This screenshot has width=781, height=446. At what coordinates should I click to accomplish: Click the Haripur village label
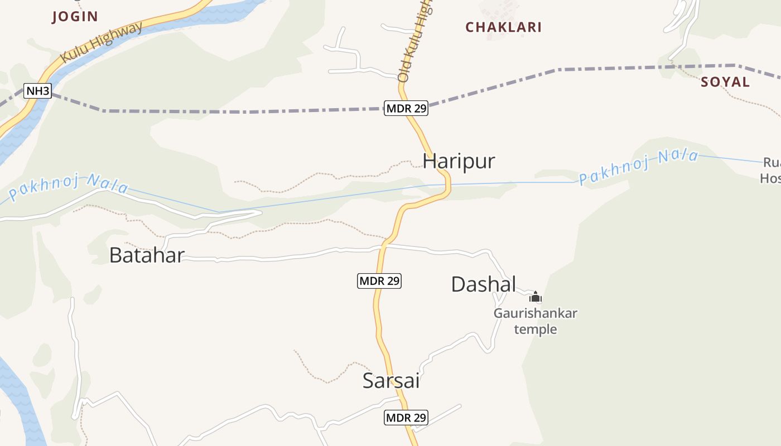(x=459, y=161)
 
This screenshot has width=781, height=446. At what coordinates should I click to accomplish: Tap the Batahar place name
(x=147, y=255)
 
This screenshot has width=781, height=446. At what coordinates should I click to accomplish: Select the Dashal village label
(x=483, y=284)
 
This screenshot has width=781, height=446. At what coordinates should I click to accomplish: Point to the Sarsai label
(x=390, y=381)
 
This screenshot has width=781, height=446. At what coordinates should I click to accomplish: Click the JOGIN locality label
(x=75, y=17)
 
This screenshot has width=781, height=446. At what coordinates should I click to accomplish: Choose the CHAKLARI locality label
(x=503, y=27)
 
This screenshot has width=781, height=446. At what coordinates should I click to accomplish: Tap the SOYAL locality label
(x=725, y=82)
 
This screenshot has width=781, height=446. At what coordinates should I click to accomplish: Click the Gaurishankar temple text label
(x=535, y=321)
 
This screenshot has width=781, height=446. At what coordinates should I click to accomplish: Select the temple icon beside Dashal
(x=536, y=297)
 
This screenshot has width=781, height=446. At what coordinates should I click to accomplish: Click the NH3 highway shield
(x=38, y=90)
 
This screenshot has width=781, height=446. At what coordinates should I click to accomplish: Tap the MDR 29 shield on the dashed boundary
(x=406, y=108)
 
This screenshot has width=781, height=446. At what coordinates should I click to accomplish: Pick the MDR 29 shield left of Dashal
(x=379, y=281)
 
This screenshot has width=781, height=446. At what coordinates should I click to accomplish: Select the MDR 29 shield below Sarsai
(x=406, y=417)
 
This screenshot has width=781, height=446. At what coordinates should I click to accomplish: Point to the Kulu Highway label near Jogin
(x=101, y=42)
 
